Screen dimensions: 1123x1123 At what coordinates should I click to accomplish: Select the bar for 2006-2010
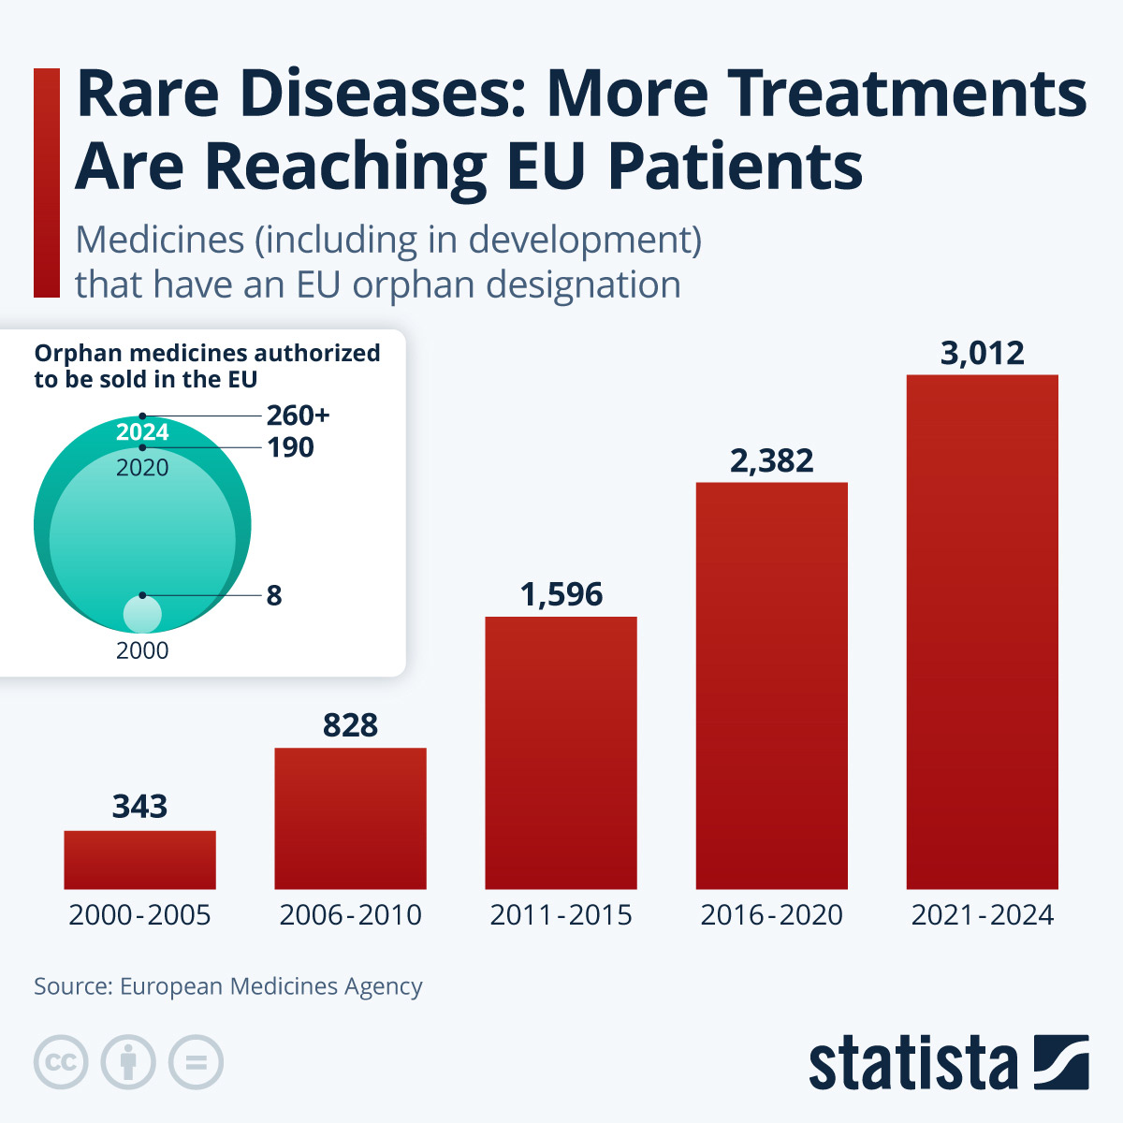click(x=350, y=818)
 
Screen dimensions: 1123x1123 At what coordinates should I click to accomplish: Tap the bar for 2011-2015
click(x=561, y=752)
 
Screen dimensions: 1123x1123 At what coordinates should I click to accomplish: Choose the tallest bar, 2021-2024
click(x=982, y=632)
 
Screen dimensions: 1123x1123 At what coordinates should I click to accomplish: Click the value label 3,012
click(x=982, y=354)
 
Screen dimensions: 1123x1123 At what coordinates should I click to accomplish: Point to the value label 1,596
click(x=561, y=594)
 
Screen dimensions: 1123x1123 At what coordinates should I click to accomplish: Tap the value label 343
click(x=139, y=806)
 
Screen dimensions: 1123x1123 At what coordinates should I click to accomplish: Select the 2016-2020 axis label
click(x=771, y=914)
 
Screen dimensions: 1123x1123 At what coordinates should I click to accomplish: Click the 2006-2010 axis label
click(x=350, y=914)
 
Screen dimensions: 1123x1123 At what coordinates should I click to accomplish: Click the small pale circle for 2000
click(x=142, y=615)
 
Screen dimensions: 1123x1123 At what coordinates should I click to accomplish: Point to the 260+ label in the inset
click(x=298, y=416)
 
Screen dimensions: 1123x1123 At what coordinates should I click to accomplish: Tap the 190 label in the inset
click(x=290, y=447)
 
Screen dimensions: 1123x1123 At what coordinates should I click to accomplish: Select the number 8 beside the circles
click(x=273, y=595)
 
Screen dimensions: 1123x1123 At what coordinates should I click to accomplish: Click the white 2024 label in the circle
click(x=142, y=432)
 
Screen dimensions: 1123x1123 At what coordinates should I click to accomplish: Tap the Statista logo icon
click(x=1060, y=1062)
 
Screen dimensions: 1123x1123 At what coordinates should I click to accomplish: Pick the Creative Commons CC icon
click(x=61, y=1062)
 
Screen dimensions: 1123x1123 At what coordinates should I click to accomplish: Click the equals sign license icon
click(x=196, y=1062)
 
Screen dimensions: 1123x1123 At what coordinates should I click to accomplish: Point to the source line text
click(x=227, y=986)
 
